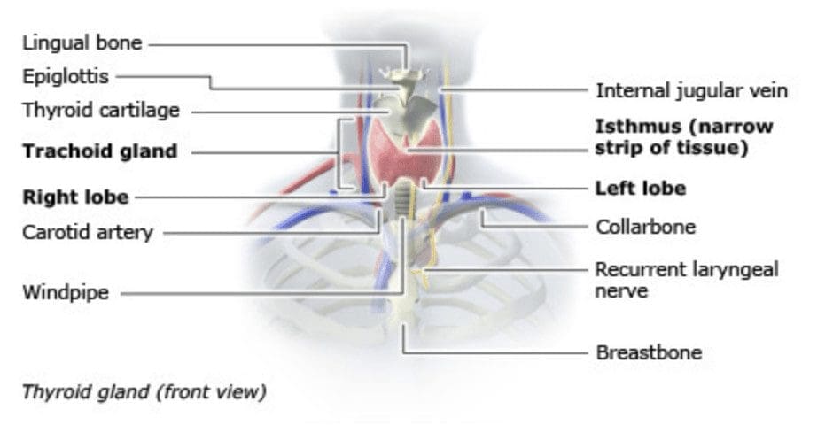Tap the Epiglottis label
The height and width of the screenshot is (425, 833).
(66, 76)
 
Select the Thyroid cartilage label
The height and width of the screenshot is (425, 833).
(101, 111)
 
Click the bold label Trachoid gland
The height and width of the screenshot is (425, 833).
(100, 151)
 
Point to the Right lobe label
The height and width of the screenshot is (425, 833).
(75, 197)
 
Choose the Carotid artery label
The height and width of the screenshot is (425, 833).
(88, 234)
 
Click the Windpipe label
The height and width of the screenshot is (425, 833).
(66, 292)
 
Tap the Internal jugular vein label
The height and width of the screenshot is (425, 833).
(691, 90)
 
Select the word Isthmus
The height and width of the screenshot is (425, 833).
(634, 126)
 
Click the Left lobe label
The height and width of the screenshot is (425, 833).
(640, 189)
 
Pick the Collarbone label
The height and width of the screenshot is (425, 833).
(645, 227)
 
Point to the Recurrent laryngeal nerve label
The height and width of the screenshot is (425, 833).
(686, 279)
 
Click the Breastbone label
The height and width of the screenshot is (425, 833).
(649, 352)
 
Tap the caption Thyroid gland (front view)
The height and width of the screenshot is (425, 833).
(144, 390)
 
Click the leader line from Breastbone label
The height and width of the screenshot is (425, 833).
(496, 352)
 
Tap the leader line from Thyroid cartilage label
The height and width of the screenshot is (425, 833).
(284, 112)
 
